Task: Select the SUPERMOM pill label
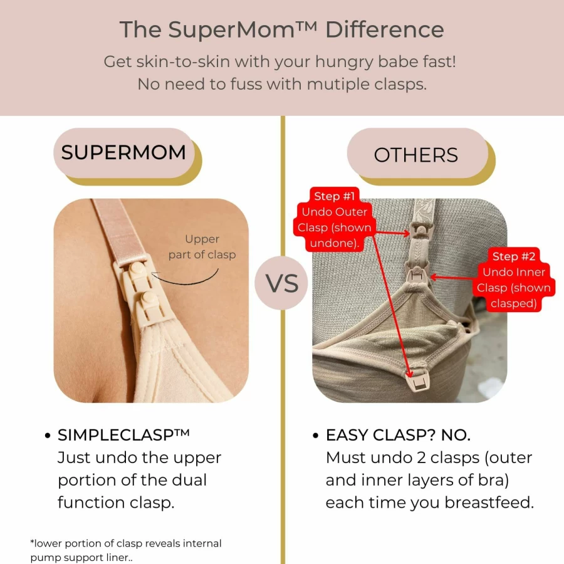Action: tap(123, 152)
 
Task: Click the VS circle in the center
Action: tap(281, 283)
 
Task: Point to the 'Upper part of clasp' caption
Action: tap(202, 247)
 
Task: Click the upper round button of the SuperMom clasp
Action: tap(137, 269)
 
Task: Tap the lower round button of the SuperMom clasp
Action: tap(149, 298)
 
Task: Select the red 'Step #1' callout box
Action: tap(334, 219)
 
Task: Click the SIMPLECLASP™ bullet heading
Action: tap(123, 435)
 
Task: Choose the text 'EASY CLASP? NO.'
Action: tap(398, 436)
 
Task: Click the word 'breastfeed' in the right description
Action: tap(488, 502)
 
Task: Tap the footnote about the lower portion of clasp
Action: tap(126, 550)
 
